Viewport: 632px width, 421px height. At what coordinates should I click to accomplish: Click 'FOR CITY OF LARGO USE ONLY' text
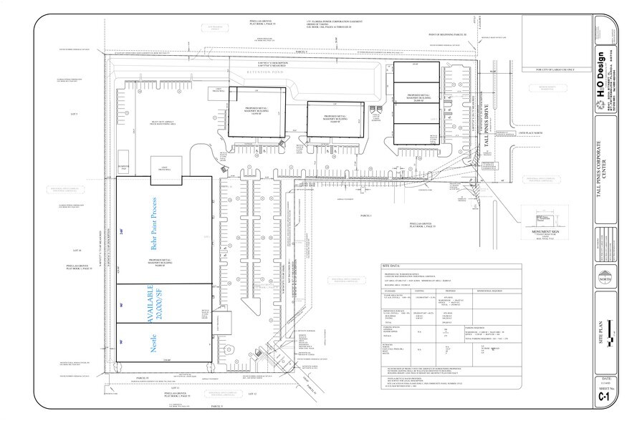[557, 70]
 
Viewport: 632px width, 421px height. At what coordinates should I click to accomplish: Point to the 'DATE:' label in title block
[606, 377]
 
